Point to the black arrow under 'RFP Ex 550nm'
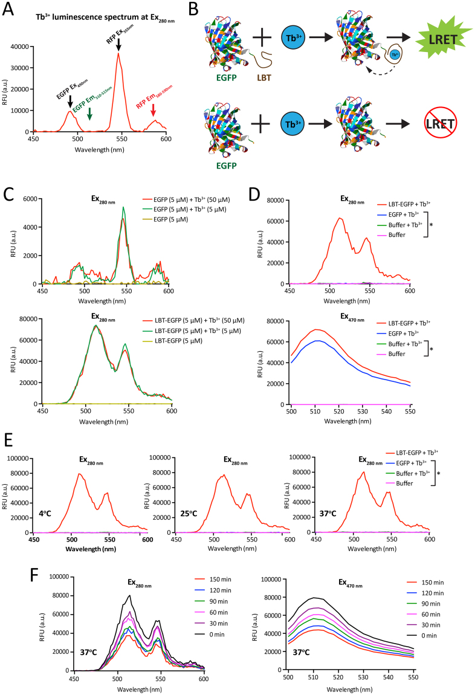click(x=118, y=44)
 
